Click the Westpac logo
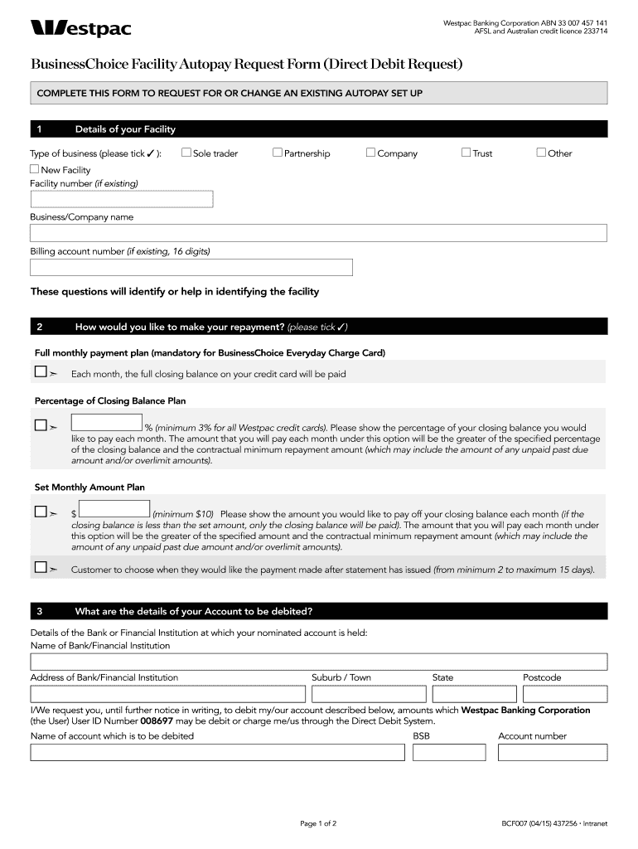coord(80,29)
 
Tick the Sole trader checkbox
coord(186,153)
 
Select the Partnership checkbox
coord(278,153)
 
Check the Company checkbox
coord(371,153)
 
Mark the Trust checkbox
coord(466,153)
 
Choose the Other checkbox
coord(541,153)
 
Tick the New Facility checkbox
coord(35,169)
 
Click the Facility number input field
coord(122,199)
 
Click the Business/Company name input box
coord(318,233)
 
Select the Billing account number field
coord(191,267)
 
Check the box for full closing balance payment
coord(41,373)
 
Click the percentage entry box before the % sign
coord(107,423)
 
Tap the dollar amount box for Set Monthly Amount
coord(114,509)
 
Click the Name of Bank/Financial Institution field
coord(318,662)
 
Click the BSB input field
coord(450,752)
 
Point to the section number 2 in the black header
coord(40,326)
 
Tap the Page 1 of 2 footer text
coord(318,824)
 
